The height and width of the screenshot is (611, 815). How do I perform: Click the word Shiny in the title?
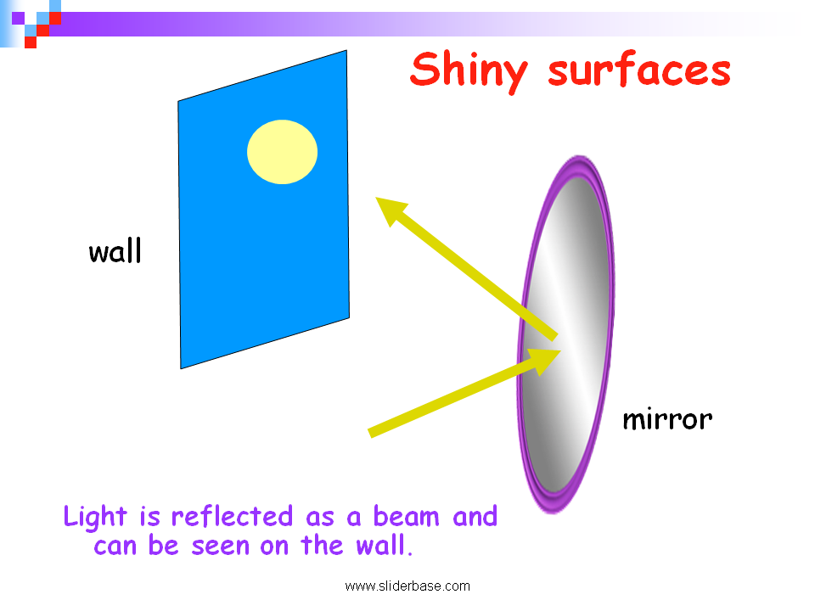(x=469, y=71)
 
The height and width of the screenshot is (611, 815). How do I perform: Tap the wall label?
(x=115, y=251)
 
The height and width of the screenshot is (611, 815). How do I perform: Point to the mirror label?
(x=667, y=419)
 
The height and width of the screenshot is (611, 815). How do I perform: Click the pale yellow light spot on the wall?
(x=282, y=152)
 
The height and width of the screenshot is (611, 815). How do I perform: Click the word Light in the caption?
(x=95, y=517)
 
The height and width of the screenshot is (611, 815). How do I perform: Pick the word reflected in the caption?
(x=232, y=517)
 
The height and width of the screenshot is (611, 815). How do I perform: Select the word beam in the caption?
(x=407, y=517)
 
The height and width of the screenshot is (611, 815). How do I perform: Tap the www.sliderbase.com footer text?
(x=407, y=586)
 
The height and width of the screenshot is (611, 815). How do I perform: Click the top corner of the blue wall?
(x=346, y=51)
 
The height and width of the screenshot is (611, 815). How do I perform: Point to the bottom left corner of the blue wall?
(x=181, y=368)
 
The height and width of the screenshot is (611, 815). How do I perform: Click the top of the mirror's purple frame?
(x=580, y=159)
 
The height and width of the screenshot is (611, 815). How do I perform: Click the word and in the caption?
(x=475, y=517)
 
